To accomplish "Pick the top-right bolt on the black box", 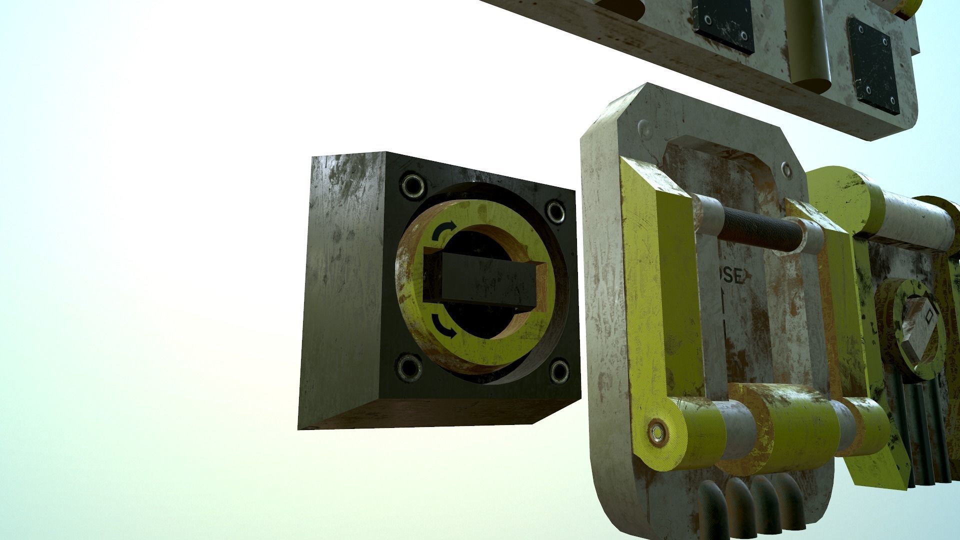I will pyautogui.click(x=555, y=211).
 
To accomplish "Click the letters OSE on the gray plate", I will pyautogui.click(x=732, y=276).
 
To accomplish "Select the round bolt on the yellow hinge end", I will pyautogui.click(x=656, y=432).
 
